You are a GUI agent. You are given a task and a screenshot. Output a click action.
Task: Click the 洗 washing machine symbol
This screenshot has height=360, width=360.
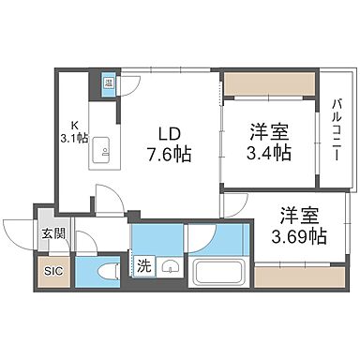pos(144,265)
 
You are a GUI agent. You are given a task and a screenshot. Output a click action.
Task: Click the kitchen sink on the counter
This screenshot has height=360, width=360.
pos(102,148)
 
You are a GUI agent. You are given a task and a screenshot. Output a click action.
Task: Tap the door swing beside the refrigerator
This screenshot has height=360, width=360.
pos(129,82)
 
